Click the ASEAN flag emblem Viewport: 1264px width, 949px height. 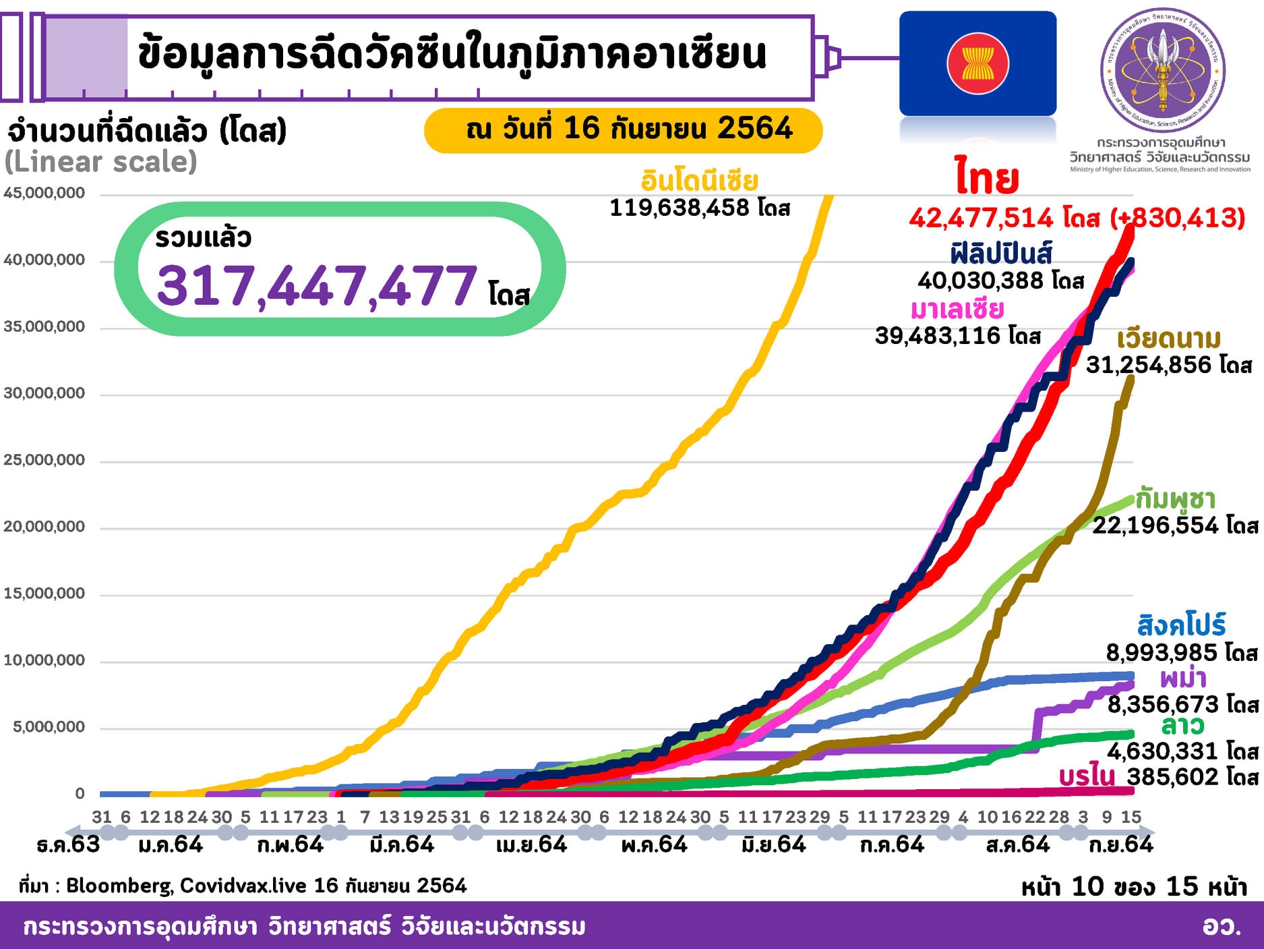click(x=977, y=64)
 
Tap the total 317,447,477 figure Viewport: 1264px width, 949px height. click(x=317, y=286)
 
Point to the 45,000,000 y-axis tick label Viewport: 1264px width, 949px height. click(x=44, y=193)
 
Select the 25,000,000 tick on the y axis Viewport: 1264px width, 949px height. click(x=44, y=460)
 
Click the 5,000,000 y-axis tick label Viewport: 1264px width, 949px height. click(x=49, y=727)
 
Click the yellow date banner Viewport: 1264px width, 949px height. click(x=623, y=130)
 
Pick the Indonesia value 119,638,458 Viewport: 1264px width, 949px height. click(x=679, y=208)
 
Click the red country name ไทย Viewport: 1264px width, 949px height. click(x=986, y=177)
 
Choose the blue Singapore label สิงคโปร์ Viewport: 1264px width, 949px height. click(x=1181, y=625)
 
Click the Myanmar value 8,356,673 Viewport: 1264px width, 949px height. click(x=1163, y=705)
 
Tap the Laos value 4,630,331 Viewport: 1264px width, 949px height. click(x=1163, y=751)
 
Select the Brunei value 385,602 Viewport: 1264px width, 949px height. click(x=1172, y=777)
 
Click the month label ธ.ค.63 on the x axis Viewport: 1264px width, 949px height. click(x=68, y=844)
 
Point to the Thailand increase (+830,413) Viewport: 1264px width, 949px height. click(x=1177, y=218)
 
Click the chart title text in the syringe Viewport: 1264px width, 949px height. click(x=452, y=55)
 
